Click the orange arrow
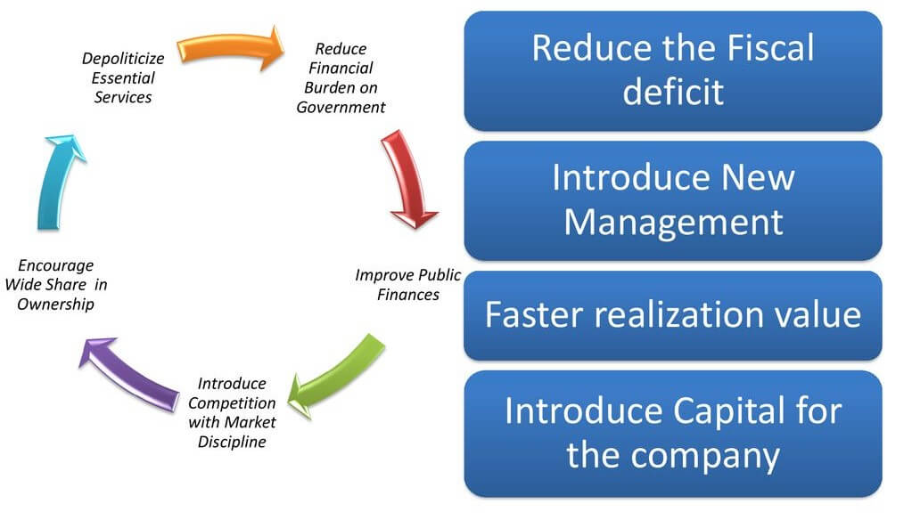[231, 46]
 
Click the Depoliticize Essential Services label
[123, 77]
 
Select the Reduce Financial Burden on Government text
[341, 77]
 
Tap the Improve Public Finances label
[407, 285]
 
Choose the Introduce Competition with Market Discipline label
[232, 412]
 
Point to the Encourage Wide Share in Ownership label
[56, 285]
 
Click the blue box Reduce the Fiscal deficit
[673, 71]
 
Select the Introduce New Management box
[673, 200]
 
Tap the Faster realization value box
[673, 315]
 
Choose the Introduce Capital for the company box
[673, 434]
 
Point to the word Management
[674, 223]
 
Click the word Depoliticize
[123, 59]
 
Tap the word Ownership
[56, 304]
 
